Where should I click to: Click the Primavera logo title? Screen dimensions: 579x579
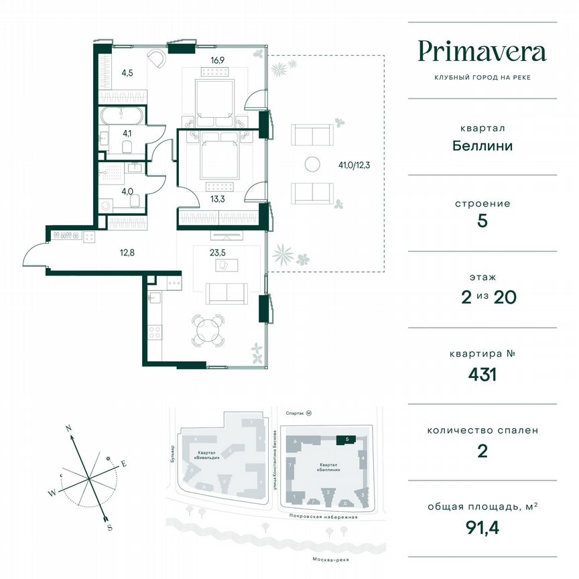(482, 52)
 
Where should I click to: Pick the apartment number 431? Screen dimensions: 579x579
(482, 374)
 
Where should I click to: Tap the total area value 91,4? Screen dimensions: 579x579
(482, 527)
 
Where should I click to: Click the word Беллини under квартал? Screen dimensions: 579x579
(482, 145)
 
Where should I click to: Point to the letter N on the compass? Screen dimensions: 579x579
(68, 427)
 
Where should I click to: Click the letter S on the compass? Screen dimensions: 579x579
(109, 527)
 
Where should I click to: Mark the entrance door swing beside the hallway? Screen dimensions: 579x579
(34, 255)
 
